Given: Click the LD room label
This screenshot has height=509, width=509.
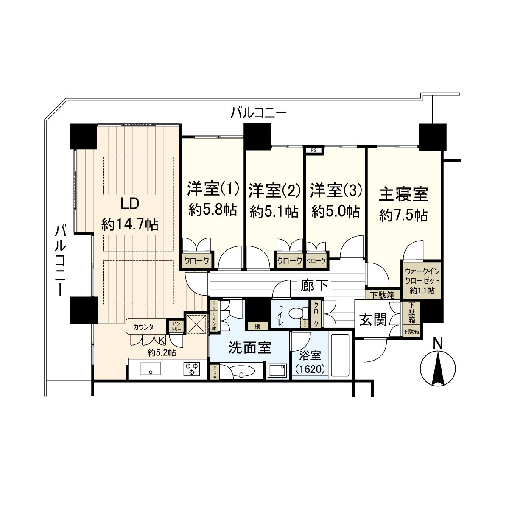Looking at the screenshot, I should pos(129,204).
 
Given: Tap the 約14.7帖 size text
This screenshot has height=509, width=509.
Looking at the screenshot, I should pos(129,224).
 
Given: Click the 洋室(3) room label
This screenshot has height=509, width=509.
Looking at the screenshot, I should pos(336,190).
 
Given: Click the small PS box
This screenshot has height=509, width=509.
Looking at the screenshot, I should pos(314,150).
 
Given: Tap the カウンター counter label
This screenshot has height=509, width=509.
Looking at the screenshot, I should pos(146,327).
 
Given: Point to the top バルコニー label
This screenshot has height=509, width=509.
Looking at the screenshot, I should pos(259,113).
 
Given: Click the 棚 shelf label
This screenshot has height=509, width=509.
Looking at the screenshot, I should pos(257,326).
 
